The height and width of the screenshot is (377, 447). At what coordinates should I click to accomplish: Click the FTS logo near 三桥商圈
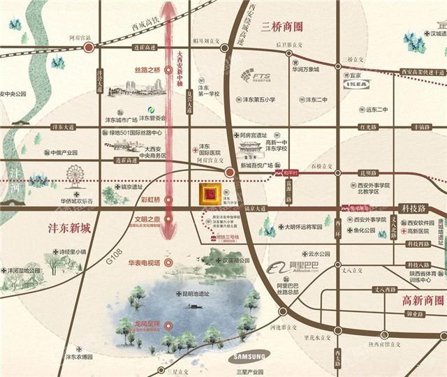[x=256, y=75]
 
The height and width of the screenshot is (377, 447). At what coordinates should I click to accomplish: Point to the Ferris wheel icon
[x=75, y=175]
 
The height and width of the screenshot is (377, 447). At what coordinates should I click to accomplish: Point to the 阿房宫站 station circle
[x=89, y=47]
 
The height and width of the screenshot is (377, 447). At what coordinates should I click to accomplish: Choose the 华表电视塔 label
[x=144, y=263]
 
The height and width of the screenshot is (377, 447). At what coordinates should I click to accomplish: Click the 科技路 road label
[x=414, y=207]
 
